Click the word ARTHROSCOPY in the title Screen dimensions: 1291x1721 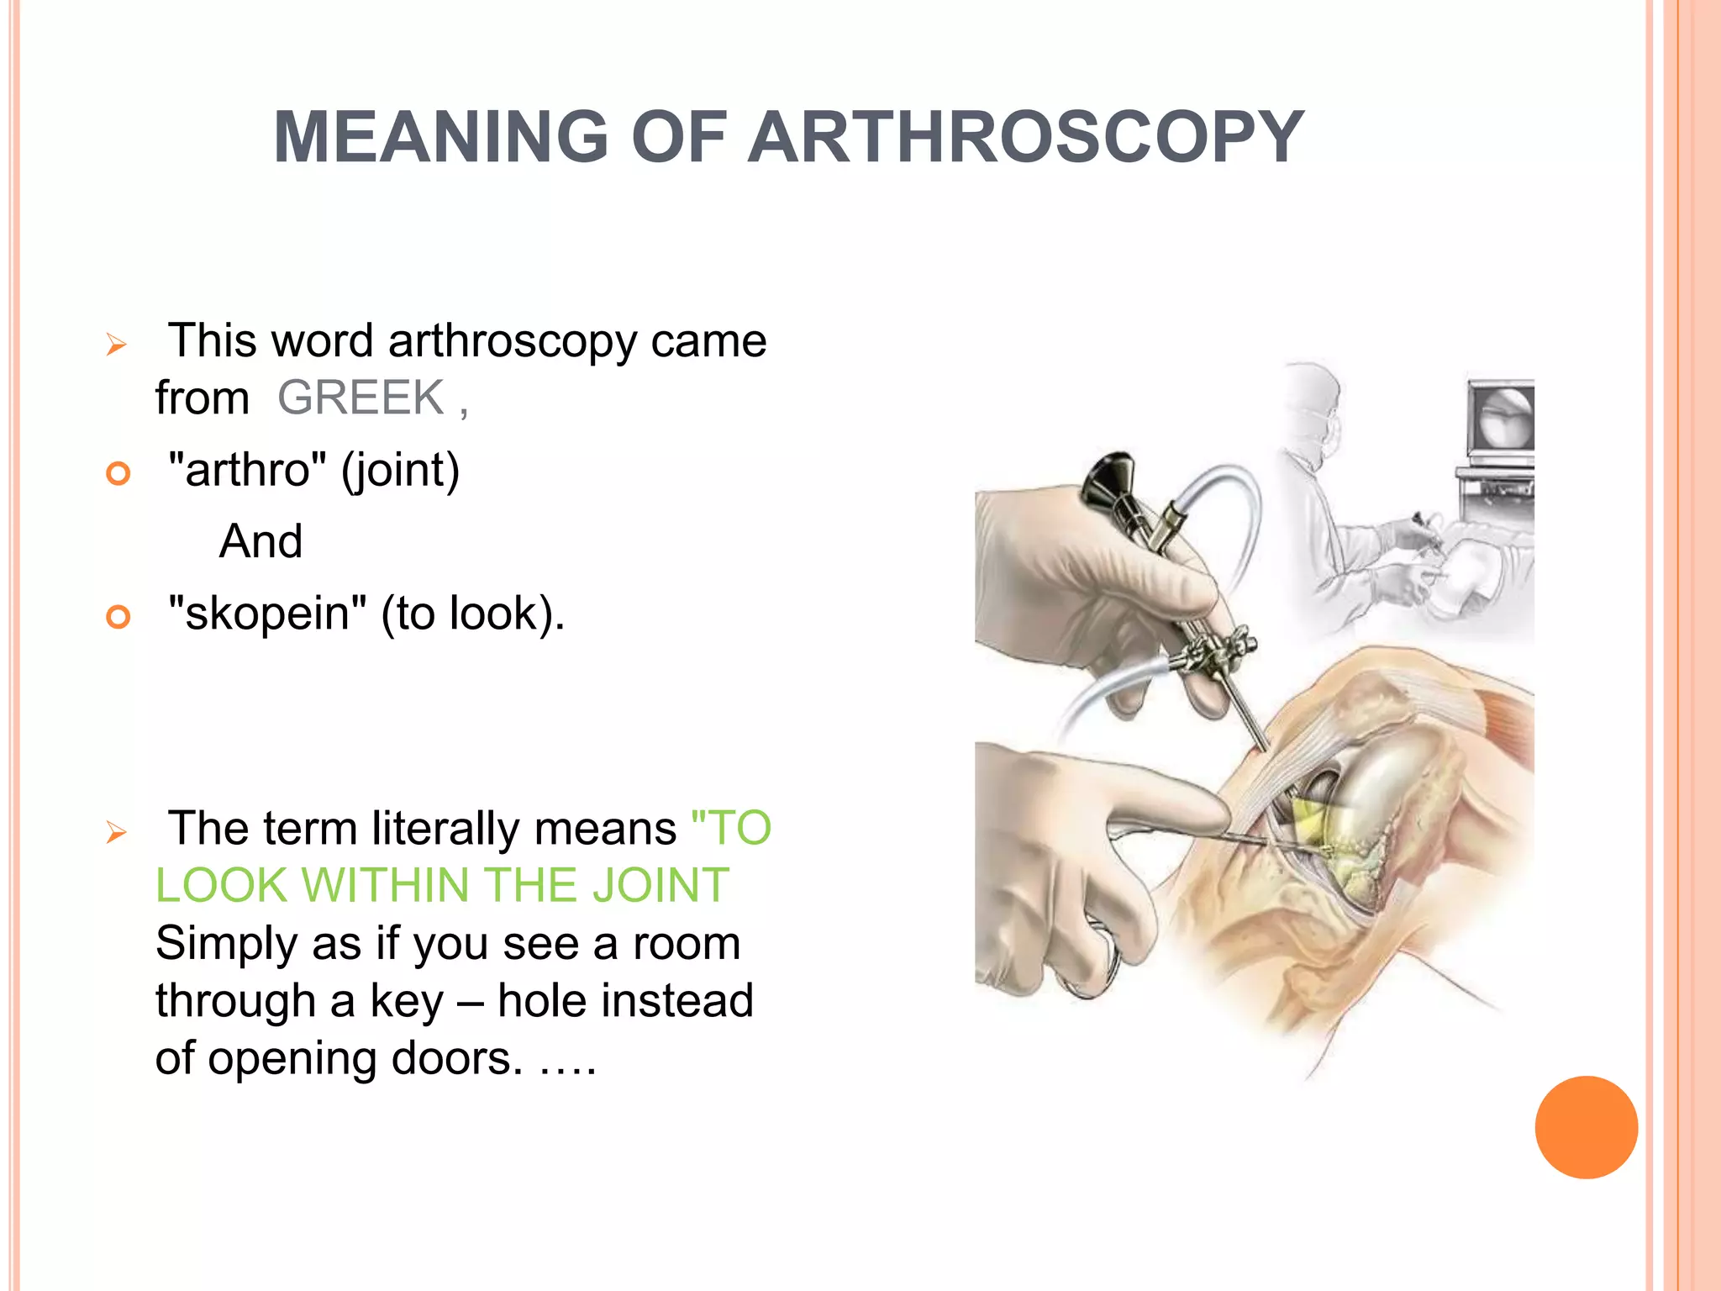[x=1025, y=137]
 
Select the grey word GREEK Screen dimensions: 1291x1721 [x=361, y=398]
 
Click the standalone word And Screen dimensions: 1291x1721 [x=261, y=540]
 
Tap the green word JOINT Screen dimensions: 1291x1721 [x=661, y=885]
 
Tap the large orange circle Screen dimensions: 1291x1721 [x=1586, y=1127]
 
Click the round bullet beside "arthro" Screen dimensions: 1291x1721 [x=118, y=473]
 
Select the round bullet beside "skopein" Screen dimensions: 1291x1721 [x=118, y=617]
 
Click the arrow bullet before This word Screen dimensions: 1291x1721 [x=116, y=345]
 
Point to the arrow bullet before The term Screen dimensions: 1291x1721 [x=116, y=833]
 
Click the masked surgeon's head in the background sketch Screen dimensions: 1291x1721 [x=1313, y=403]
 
